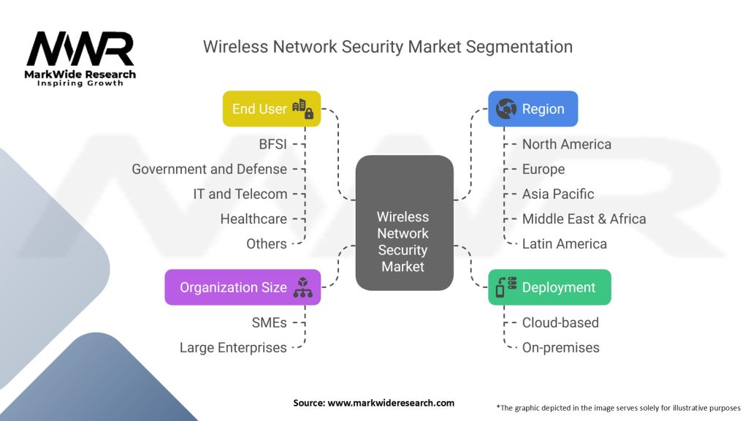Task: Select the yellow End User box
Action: click(272, 109)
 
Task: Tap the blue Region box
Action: click(533, 109)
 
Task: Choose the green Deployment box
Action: click(549, 287)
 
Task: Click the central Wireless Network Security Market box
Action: click(403, 232)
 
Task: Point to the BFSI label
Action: click(273, 144)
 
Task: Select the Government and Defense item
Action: click(210, 169)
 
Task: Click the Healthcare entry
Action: click(253, 219)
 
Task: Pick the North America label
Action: click(566, 144)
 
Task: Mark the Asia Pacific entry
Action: click(558, 194)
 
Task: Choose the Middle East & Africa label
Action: click(584, 219)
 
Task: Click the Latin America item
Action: click(564, 243)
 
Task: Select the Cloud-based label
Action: click(560, 322)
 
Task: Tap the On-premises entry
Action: click(560, 347)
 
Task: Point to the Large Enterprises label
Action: click(233, 347)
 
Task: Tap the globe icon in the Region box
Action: click(505, 109)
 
